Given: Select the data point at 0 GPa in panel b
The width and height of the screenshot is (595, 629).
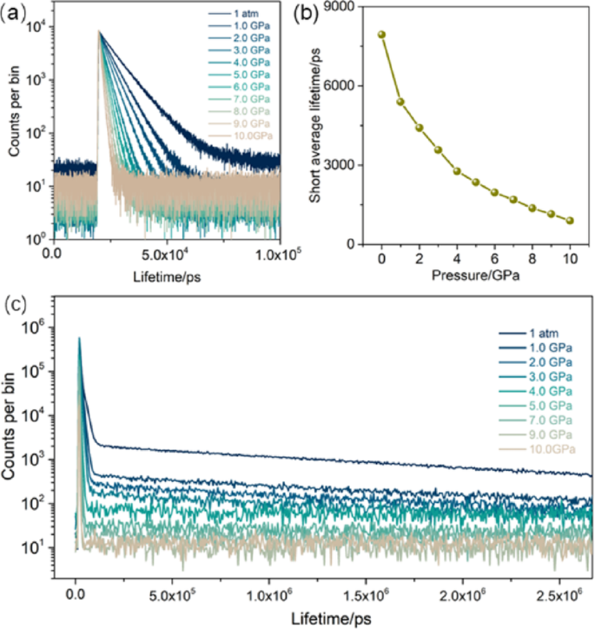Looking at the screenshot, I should coord(381,35).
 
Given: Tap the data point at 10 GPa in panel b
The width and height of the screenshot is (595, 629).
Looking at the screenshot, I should coord(570,221).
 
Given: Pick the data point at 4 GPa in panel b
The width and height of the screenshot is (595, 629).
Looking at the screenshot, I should coord(457,171).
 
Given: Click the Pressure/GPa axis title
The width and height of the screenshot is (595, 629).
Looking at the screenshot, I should coord(474,278).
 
